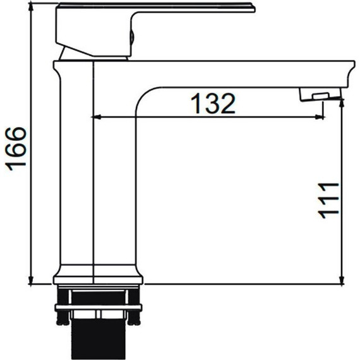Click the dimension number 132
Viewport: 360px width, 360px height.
(213, 104)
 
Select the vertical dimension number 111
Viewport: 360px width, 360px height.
(328, 200)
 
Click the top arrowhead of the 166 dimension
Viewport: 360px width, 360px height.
(31, 8)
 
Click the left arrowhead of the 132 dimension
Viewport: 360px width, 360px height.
(97, 117)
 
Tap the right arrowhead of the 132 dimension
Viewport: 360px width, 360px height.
(319, 117)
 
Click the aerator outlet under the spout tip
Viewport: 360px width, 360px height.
(320, 94)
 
